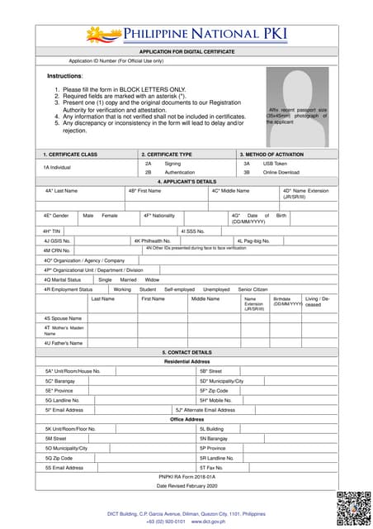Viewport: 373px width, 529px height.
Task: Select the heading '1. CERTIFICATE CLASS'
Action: coord(70,155)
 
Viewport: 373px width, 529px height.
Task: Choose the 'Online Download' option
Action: coord(281,173)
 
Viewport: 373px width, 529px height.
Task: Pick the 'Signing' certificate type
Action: coord(172,164)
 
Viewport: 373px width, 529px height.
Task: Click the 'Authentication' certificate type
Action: coord(181,173)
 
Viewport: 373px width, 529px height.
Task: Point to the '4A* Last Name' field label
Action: coord(61,190)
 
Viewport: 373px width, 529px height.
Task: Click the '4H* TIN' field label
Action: coord(53,231)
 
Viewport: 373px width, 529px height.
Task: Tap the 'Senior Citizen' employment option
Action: coord(253,289)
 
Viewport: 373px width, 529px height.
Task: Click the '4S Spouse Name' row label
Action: coord(63,317)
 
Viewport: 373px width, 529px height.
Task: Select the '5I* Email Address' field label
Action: coord(64,409)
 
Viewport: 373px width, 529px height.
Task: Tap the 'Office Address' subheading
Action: coord(187,419)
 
